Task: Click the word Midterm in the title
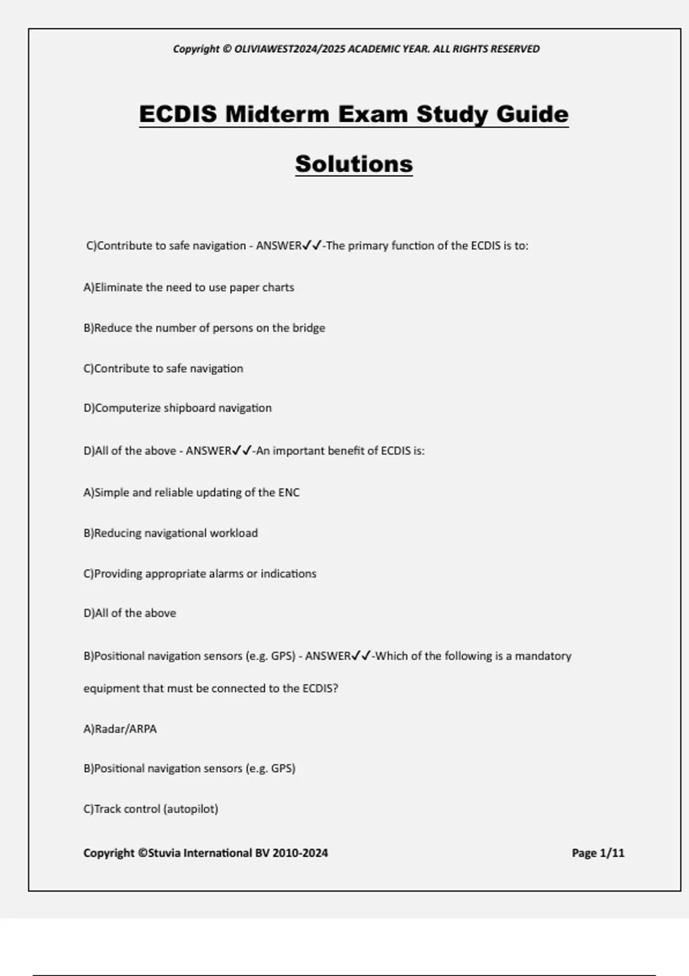[x=277, y=114]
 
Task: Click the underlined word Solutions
[x=354, y=164]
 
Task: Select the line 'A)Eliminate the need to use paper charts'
[x=188, y=287]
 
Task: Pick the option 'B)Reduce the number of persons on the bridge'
[x=204, y=328]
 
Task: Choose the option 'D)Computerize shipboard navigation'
[x=177, y=408]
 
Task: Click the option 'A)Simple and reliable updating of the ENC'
[x=191, y=493]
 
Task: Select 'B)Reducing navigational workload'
[x=171, y=533]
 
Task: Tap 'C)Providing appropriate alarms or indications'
[x=200, y=574]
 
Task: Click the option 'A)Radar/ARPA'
[x=120, y=729]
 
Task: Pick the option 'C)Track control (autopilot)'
[x=150, y=809]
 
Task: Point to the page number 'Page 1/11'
[x=598, y=853]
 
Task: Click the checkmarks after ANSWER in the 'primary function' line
[x=312, y=246]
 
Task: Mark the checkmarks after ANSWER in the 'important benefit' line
[x=242, y=451]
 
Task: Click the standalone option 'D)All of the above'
[x=130, y=613]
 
